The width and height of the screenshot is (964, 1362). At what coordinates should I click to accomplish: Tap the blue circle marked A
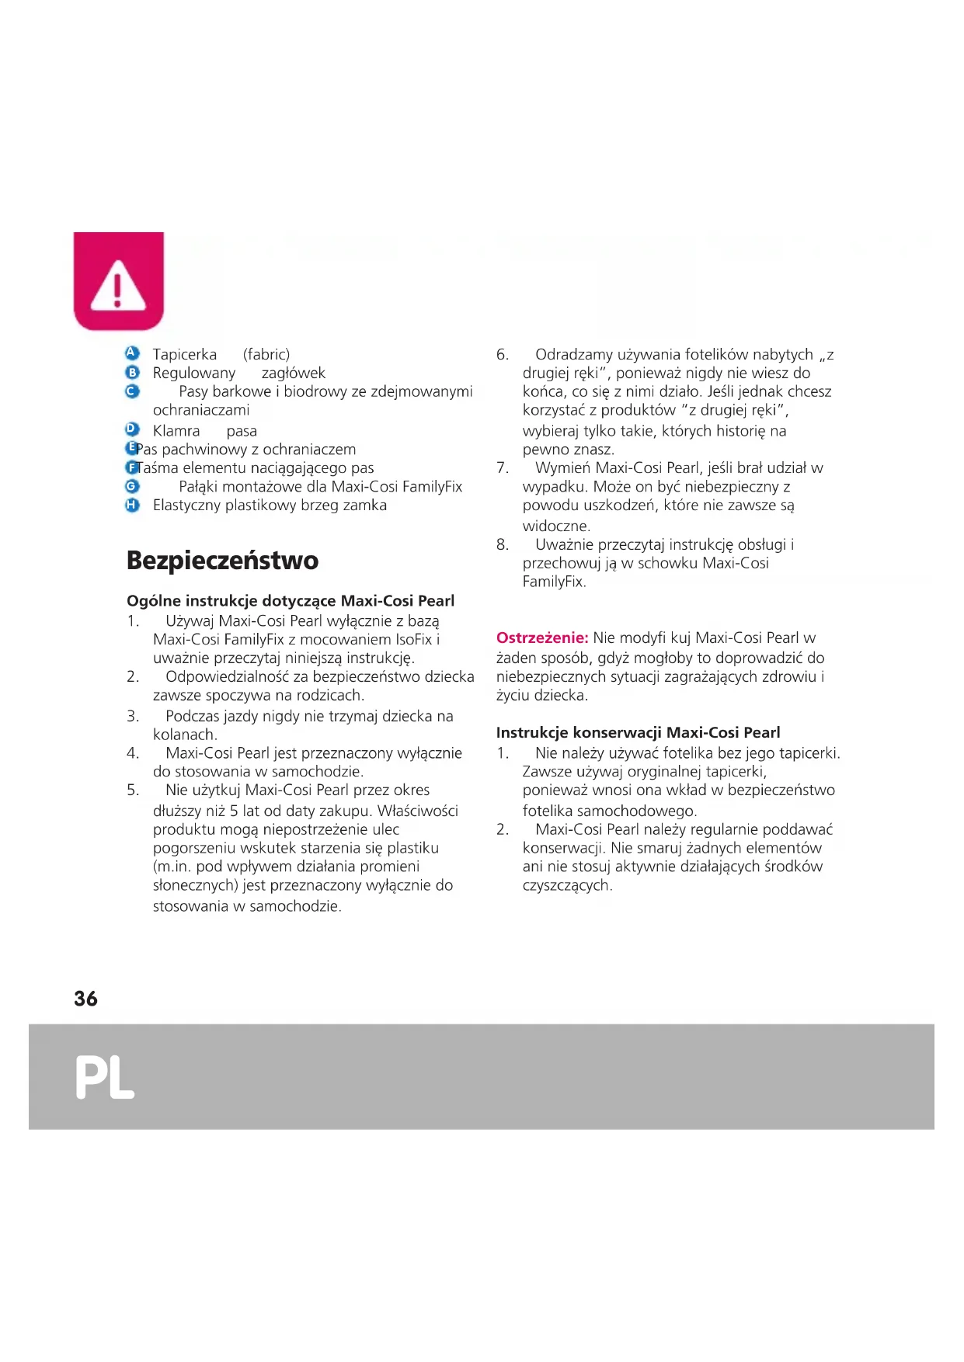tap(132, 353)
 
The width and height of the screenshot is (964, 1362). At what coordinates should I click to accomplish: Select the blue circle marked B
tap(132, 373)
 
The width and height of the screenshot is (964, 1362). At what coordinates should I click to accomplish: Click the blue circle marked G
tap(132, 486)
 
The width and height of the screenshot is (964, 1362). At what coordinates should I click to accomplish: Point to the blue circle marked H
tap(132, 505)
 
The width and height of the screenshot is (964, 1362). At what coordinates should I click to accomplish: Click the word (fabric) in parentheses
tap(266, 355)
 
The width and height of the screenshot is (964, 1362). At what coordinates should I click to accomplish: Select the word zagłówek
tap(294, 374)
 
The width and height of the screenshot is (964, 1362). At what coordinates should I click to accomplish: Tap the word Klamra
tap(176, 431)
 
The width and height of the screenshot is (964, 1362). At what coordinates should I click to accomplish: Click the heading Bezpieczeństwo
tap(222, 561)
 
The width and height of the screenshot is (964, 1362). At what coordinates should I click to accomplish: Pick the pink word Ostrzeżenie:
tap(542, 638)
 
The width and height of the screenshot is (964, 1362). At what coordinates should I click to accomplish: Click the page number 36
tap(85, 999)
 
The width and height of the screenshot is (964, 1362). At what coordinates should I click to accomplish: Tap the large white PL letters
tap(105, 1077)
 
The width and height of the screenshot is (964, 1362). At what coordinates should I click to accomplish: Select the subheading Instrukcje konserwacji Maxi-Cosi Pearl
tap(638, 732)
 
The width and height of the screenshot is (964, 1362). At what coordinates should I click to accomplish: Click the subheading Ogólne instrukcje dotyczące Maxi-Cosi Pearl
tap(291, 601)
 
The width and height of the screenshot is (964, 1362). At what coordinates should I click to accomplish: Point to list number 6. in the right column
tap(503, 355)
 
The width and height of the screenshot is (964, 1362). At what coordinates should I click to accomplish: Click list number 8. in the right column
tap(503, 545)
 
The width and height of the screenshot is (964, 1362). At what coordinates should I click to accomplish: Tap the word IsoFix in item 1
tap(413, 640)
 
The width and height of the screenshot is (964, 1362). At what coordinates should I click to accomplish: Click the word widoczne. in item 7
tap(556, 526)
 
